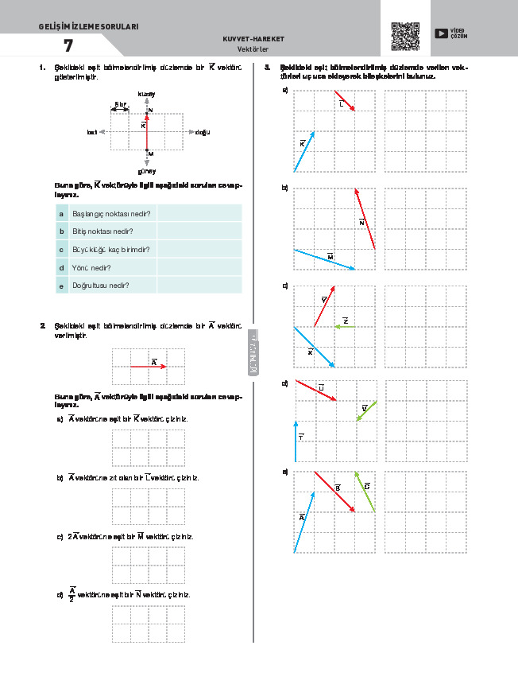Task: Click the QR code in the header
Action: (405, 36)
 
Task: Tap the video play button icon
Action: (441, 33)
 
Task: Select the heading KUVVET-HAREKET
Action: (254, 38)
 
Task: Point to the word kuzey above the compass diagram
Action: (146, 95)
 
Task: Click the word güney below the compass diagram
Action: (146, 170)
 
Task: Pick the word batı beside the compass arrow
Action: (91, 132)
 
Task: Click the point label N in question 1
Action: (150, 110)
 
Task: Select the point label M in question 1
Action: (150, 153)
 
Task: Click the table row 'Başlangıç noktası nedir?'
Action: (111, 214)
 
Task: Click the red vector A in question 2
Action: (148, 366)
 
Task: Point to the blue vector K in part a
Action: (304, 151)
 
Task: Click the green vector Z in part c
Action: (345, 326)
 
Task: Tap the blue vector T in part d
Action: (296, 441)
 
